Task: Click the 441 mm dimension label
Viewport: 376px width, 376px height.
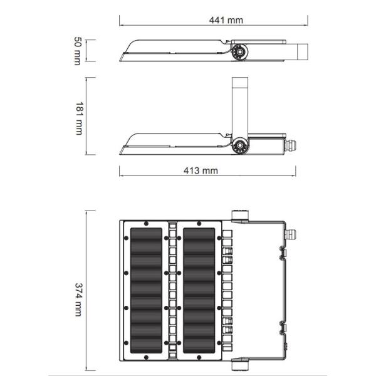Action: point(225,20)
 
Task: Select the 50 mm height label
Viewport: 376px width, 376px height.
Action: point(78,51)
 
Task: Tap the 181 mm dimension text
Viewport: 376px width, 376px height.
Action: point(78,117)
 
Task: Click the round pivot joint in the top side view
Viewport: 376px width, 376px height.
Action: point(240,52)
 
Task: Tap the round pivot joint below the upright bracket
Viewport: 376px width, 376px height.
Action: point(239,145)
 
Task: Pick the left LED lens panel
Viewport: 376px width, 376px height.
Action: point(146,290)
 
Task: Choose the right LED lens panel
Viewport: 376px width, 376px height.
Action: point(200,290)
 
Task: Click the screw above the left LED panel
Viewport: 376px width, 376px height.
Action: point(146,223)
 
